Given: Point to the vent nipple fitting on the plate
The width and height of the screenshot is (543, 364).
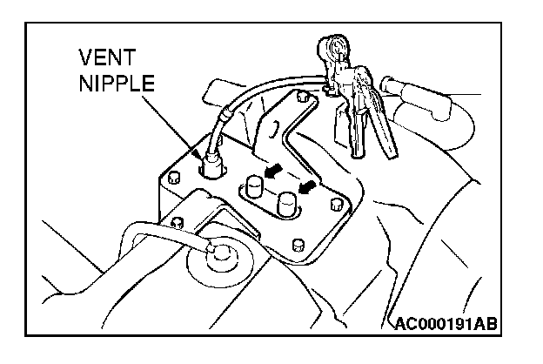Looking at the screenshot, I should (211, 163).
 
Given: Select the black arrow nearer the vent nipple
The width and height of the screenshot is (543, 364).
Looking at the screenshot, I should (274, 172).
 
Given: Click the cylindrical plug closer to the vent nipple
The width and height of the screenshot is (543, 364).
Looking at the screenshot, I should (253, 187).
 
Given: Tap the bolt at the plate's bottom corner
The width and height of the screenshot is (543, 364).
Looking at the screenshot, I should (298, 242).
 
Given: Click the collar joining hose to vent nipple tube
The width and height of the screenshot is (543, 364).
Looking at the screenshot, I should (225, 113).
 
